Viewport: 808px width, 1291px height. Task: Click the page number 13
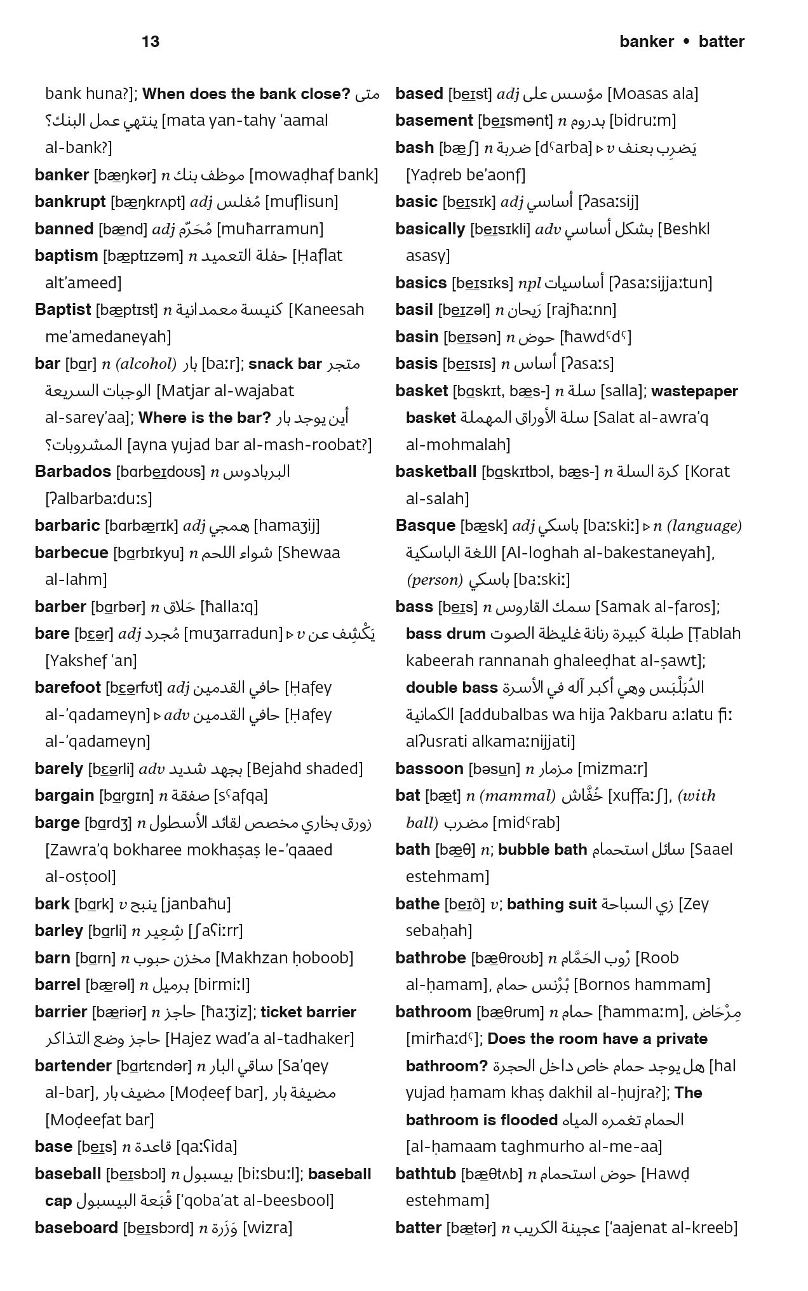click(x=151, y=42)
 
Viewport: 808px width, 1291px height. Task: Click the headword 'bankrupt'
click(x=70, y=202)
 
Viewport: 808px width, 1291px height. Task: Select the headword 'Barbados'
click(x=72, y=472)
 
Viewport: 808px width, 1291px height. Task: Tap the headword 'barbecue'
click(x=71, y=553)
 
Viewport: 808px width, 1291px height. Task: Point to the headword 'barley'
click(x=58, y=931)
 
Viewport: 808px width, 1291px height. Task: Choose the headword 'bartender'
click(x=73, y=1066)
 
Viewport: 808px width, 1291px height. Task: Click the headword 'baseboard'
click(x=76, y=1228)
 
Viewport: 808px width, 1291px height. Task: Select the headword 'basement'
click(x=434, y=121)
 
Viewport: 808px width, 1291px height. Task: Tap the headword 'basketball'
click(x=435, y=472)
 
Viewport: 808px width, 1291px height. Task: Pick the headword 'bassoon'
click(x=429, y=769)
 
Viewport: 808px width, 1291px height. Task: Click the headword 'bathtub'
click(x=425, y=1174)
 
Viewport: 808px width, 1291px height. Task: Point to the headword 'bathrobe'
click(x=430, y=958)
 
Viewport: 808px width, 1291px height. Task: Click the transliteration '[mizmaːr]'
click(x=612, y=769)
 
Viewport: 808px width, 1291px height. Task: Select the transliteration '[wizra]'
click(x=267, y=1228)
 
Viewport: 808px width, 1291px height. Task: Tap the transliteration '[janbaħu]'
click(x=196, y=904)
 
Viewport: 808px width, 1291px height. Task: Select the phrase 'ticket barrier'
click(x=308, y=1012)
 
